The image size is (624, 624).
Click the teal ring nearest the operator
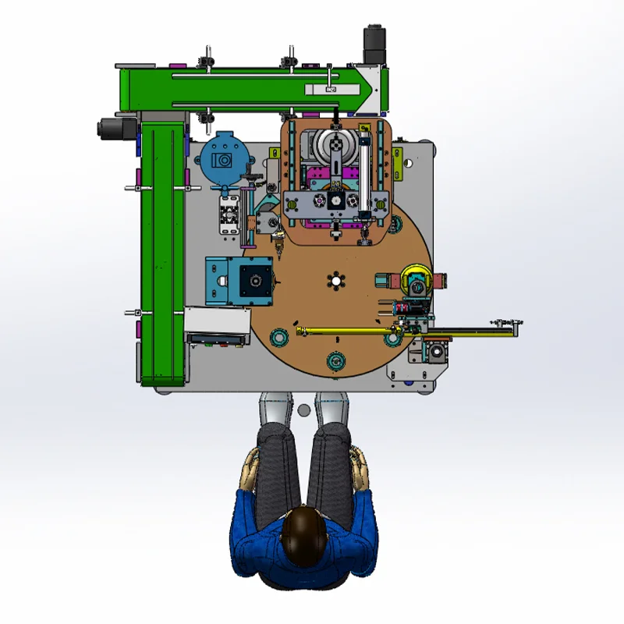click(336, 360)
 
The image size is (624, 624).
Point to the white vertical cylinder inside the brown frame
click(363, 168)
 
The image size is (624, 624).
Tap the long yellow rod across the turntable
click(343, 332)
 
